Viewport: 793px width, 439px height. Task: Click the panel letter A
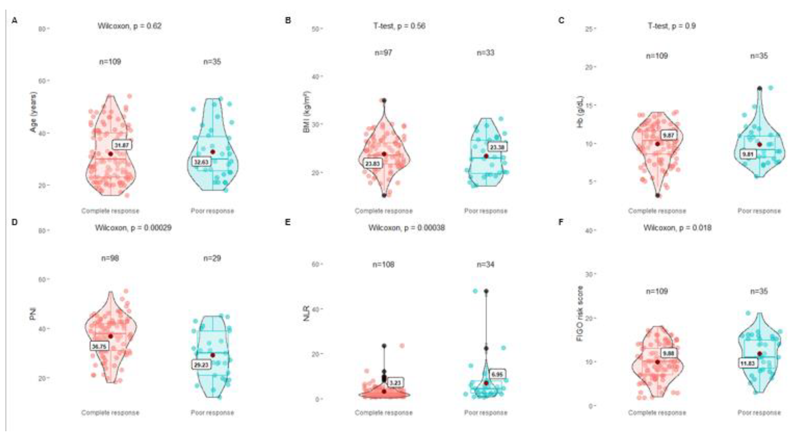14,21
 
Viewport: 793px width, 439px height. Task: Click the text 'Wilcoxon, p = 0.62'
129,26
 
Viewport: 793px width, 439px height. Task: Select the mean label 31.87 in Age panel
122,145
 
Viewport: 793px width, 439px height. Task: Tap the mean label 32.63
201,162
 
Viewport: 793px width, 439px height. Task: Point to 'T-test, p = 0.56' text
399,26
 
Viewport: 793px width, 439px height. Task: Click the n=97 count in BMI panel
383,53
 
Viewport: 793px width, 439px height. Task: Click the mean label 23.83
373,164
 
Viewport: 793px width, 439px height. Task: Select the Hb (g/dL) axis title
580,112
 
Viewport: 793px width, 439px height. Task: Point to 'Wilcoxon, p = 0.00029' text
133,228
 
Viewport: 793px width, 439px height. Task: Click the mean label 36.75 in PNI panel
99,347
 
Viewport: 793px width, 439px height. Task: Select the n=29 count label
212,258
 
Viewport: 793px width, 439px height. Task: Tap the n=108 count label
383,265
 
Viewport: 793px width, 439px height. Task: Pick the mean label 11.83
747,363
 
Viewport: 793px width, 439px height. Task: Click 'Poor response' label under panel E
485,413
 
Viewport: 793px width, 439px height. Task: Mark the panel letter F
561,222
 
